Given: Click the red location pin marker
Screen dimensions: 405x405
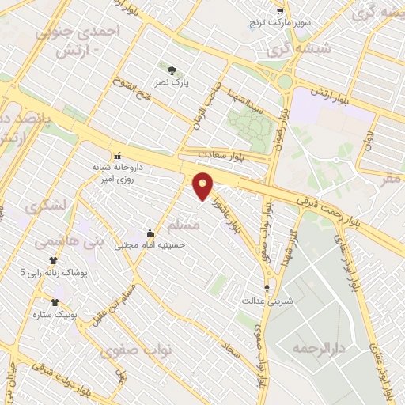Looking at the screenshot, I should (x=204, y=187).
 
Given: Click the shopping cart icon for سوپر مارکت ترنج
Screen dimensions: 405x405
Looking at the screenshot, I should (x=280, y=10).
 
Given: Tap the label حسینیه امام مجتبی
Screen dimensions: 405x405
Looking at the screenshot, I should (x=150, y=245).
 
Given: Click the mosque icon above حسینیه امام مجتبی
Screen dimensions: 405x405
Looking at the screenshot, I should (x=150, y=233).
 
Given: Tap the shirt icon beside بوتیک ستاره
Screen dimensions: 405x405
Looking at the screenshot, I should (x=55, y=302).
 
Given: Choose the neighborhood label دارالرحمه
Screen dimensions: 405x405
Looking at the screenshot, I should (x=308, y=349).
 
